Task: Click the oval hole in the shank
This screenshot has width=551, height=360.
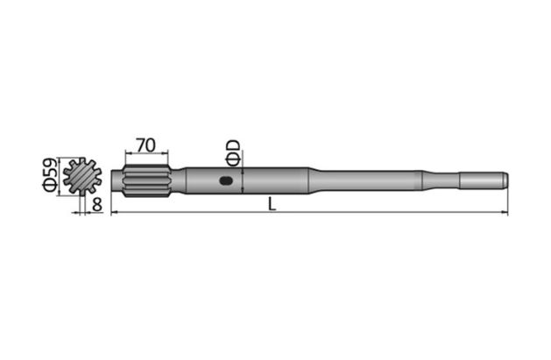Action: [x=226, y=182]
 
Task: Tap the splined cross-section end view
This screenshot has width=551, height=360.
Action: [x=83, y=176]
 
